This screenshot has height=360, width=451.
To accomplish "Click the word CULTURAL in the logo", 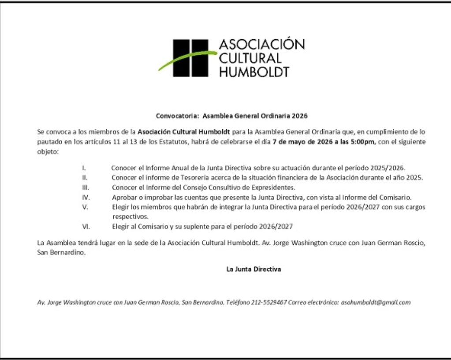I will pyautogui.click(x=250, y=58).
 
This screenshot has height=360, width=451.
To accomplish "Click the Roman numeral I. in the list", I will pyautogui.click(x=84, y=168).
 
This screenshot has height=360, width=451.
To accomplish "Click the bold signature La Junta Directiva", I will pyautogui.click(x=253, y=269).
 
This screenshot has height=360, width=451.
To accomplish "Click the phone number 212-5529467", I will pyautogui.click(x=269, y=303).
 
